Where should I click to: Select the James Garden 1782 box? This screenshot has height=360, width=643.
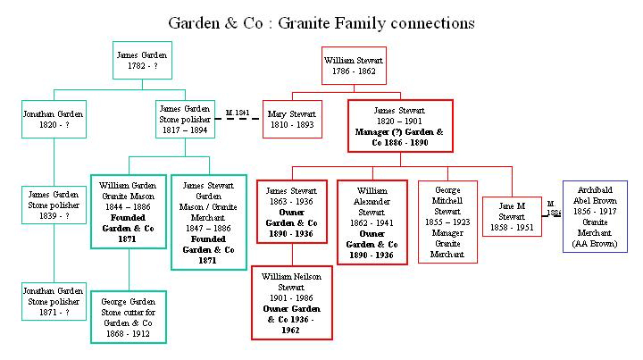click(x=142, y=62)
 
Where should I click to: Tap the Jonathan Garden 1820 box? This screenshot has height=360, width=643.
click(x=54, y=120)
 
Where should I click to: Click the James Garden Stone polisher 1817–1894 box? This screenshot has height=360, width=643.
click(x=183, y=120)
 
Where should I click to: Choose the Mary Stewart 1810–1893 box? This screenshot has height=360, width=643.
click(x=292, y=120)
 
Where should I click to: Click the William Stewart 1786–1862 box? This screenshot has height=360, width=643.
click(x=354, y=65)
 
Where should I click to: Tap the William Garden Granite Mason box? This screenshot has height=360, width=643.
click(x=128, y=210)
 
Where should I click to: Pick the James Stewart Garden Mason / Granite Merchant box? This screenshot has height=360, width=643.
click(x=209, y=222)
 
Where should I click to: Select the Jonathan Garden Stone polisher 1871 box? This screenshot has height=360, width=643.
click(x=54, y=302)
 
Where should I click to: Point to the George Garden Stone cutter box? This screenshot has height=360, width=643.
click(x=128, y=316)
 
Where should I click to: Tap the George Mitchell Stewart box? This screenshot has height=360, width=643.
click(x=447, y=222)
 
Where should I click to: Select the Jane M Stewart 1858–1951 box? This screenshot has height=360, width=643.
click(x=513, y=216)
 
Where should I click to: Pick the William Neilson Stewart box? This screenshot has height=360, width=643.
click(x=291, y=303)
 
